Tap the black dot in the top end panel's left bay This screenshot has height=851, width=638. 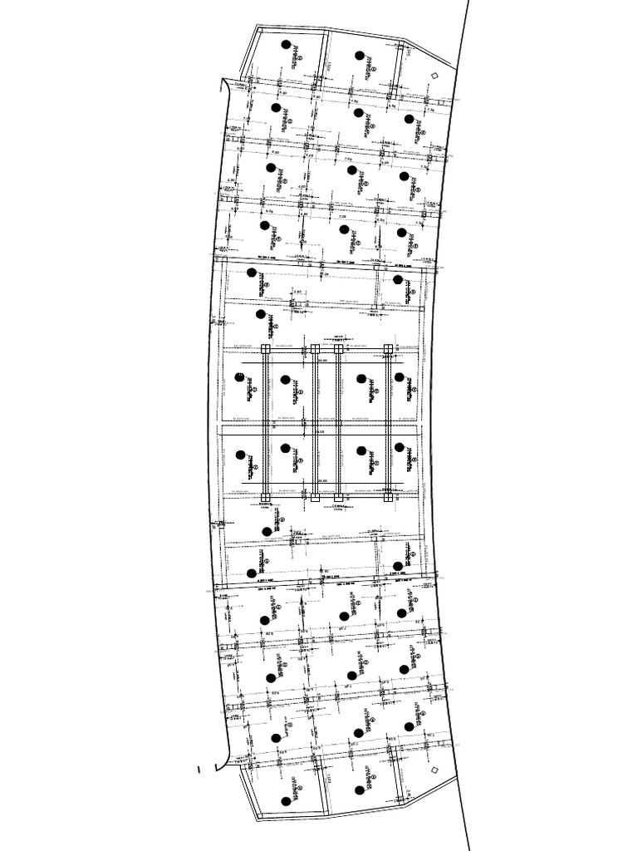coord(286,45)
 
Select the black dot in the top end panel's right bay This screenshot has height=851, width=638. coord(360,56)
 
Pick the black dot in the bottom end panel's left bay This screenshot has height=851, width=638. coord(286,802)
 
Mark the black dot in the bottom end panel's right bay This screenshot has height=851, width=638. coord(360,790)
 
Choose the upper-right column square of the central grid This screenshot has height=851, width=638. coord(389,349)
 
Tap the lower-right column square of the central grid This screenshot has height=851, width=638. coord(389,499)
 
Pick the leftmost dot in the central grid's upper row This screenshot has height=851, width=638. coord(240,377)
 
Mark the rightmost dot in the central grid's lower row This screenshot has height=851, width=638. coord(400,448)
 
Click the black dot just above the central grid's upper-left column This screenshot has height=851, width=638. coord(261,314)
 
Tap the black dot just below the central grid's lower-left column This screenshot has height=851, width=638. coord(267,532)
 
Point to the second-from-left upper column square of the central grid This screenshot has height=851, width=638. coord(316,349)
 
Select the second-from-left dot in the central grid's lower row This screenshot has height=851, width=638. coord(286,448)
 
